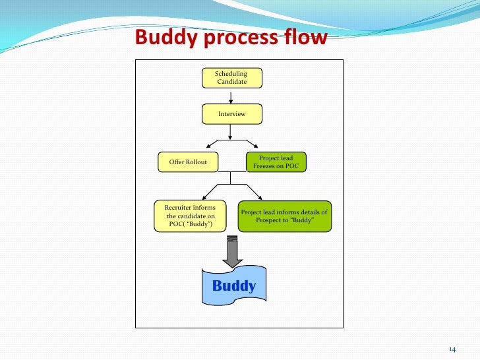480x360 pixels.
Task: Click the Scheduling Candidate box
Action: click(231, 78)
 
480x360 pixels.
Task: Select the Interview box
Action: click(231, 114)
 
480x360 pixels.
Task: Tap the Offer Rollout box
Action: click(188, 162)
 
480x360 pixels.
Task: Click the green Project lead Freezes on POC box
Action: click(276, 162)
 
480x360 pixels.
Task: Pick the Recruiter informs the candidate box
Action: click(190, 216)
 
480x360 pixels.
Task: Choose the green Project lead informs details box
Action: click(284, 216)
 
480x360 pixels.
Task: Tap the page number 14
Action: click(452, 348)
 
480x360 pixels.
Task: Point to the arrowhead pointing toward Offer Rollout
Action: click(209, 144)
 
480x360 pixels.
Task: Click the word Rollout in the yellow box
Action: click(196, 162)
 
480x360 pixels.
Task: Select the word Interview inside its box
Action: click(231, 114)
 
